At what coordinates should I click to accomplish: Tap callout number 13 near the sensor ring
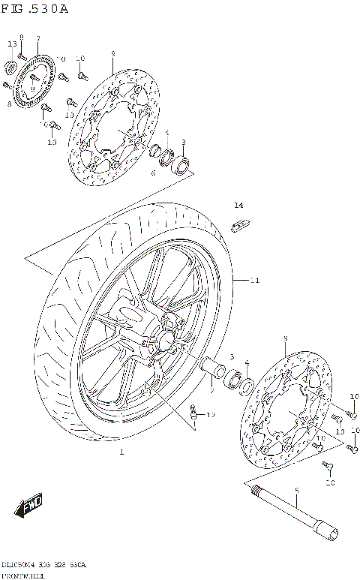click(x=12, y=45)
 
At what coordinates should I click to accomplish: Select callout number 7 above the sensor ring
click(x=38, y=38)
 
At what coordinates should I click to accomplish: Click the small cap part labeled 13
click(x=11, y=69)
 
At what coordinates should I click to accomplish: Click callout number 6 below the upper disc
click(x=153, y=173)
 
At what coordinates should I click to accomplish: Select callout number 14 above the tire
click(x=238, y=205)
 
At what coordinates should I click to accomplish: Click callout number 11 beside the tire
click(x=255, y=281)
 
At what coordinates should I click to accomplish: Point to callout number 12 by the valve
click(x=211, y=414)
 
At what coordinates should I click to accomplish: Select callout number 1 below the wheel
click(x=121, y=452)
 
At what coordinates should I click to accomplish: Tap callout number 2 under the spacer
click(x=212, y=390)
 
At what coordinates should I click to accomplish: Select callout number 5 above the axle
click(x=296, y=491)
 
